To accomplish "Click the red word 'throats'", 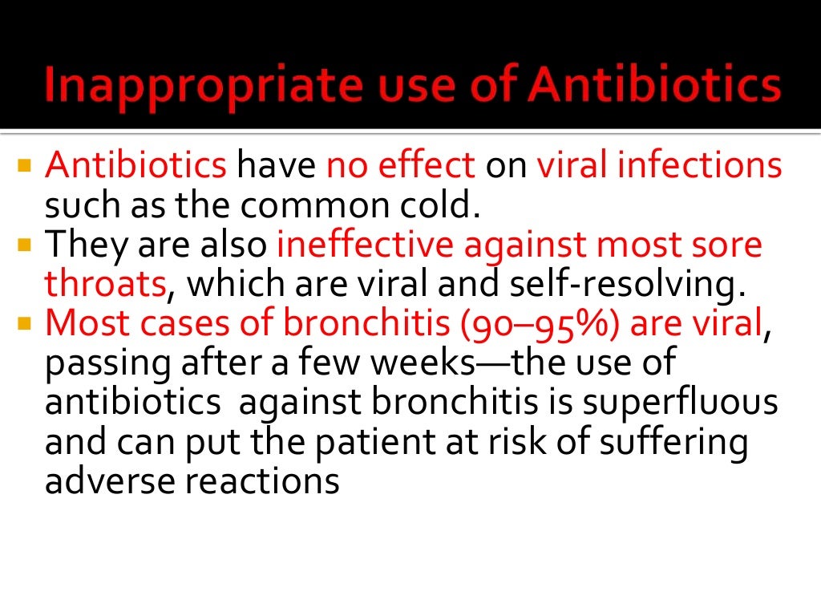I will pos(105,284).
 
